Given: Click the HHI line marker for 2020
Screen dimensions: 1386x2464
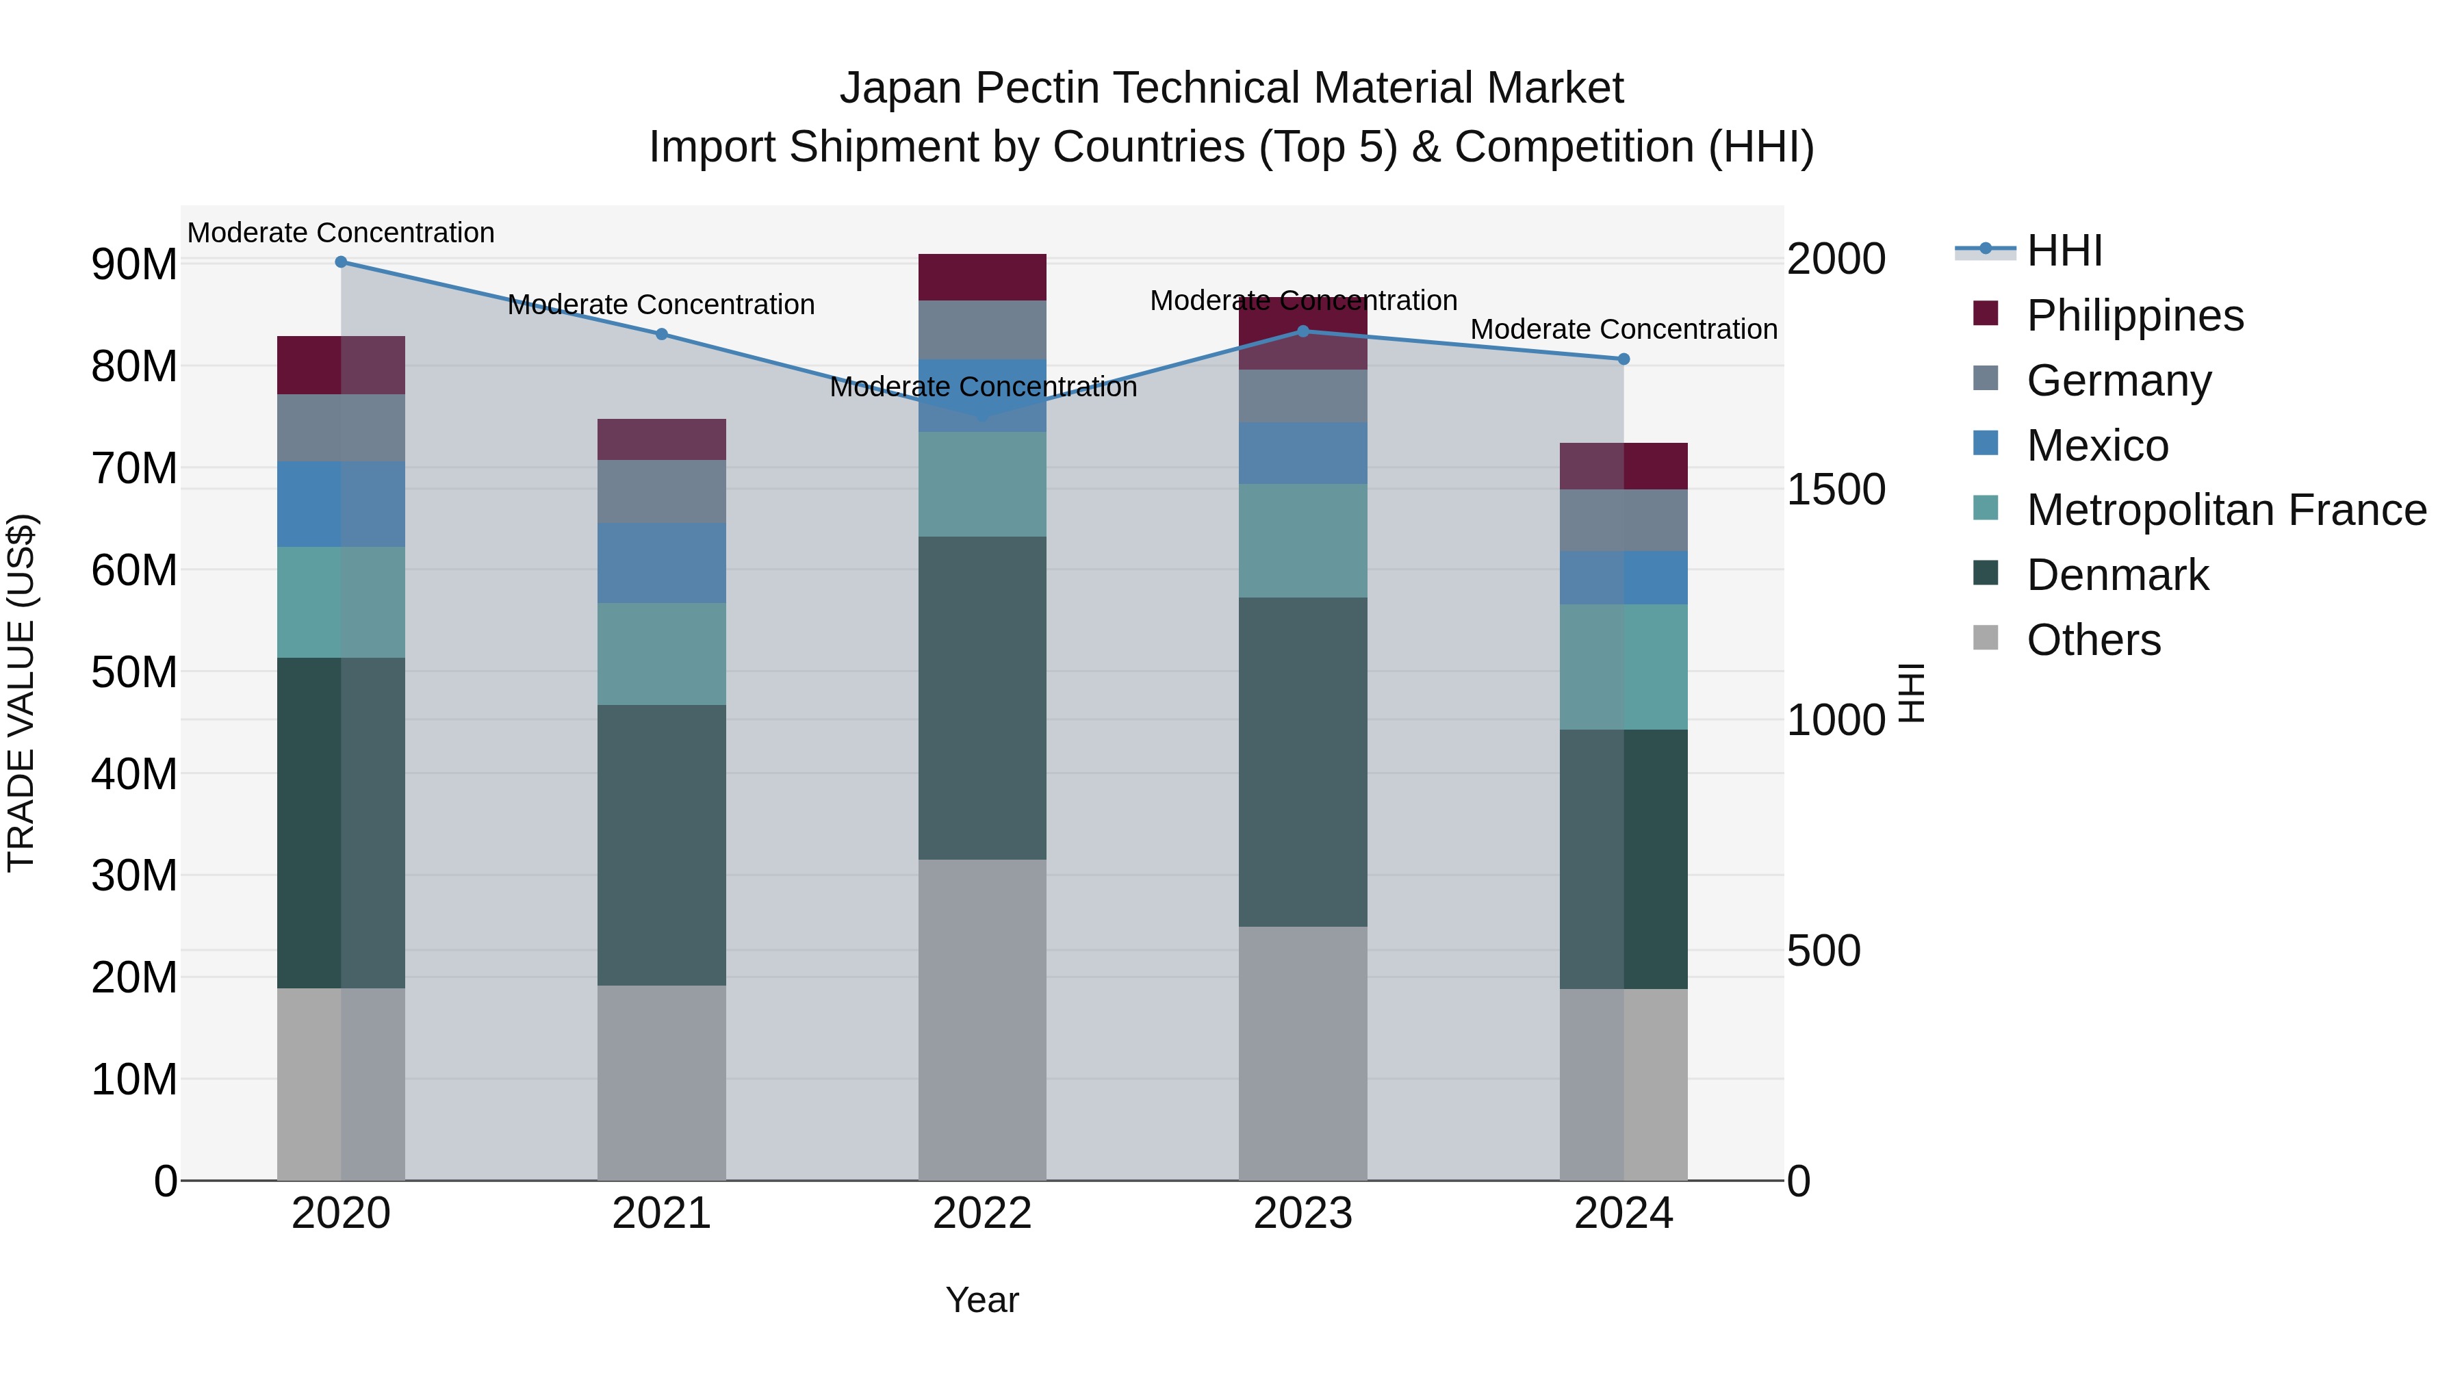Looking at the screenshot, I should coord(341,262).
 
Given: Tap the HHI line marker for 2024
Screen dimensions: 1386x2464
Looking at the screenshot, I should coord(1624,359).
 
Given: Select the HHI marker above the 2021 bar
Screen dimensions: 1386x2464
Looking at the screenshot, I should coord(662,335).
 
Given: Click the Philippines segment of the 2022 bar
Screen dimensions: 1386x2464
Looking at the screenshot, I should coord(982,277).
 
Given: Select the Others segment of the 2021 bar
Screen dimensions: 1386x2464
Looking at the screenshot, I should coord(662,1083).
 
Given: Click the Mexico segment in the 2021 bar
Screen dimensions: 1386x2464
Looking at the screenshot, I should coord(662,563).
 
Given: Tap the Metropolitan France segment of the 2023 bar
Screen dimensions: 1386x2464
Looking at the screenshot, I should coord(1302,541).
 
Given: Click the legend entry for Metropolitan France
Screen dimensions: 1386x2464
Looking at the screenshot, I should coord(2226,510).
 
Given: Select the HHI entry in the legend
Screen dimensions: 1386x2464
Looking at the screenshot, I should coord(2064,251).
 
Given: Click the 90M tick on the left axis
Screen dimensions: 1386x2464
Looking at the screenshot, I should coord(134,265).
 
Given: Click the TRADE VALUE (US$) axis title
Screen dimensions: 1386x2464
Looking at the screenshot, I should coord(21,693).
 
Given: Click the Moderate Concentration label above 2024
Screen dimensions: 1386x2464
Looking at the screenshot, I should coord(1624,330).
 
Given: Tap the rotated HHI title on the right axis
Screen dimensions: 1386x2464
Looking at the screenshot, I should coord(1910,693).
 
